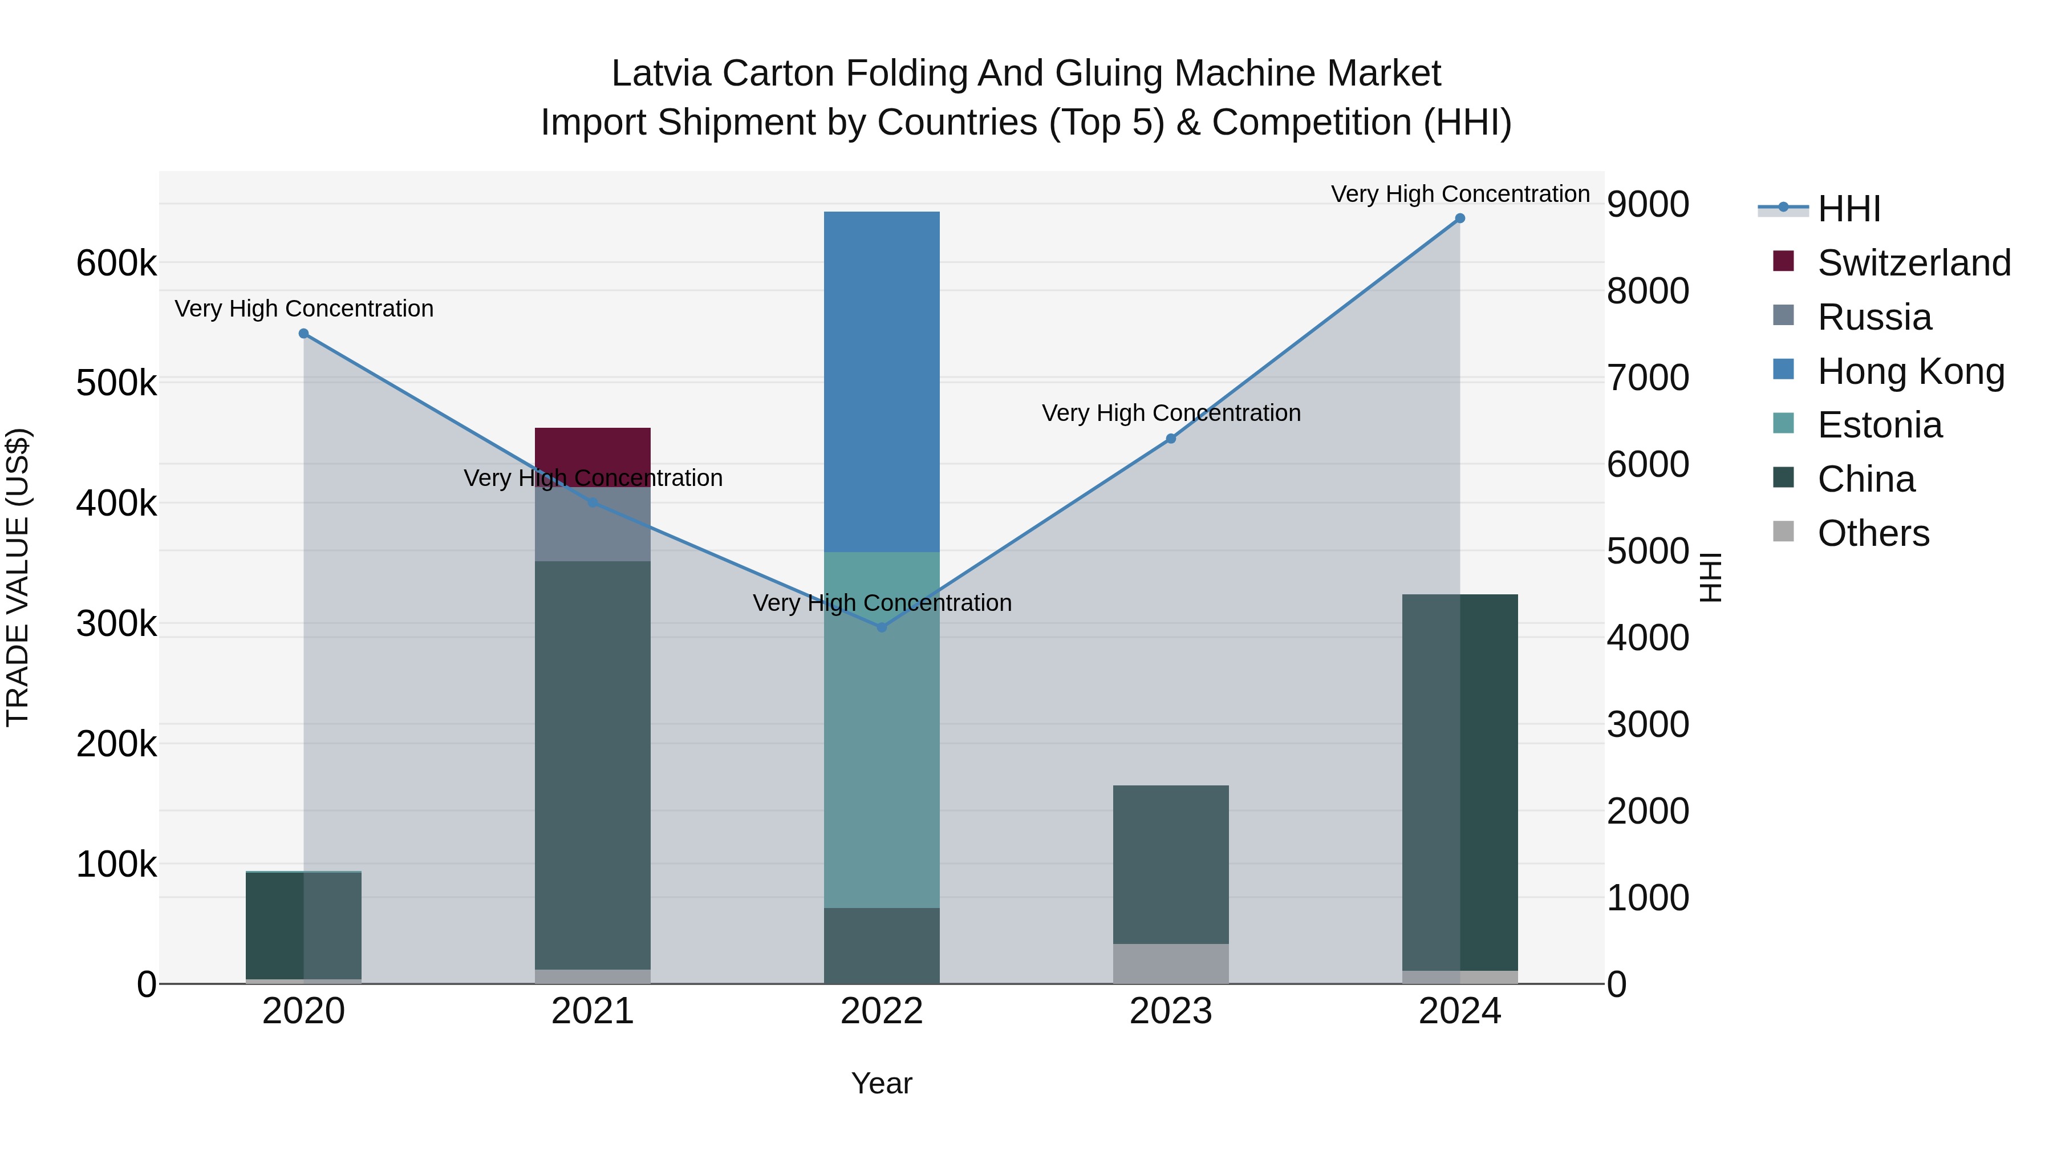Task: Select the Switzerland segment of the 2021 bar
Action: click(x=592, y=456)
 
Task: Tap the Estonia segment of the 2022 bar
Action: click(x=882, y=730)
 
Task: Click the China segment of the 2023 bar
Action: click(x=1171, y=864)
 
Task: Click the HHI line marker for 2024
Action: click(x=1459, y=218)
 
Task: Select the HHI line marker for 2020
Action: click(x=303, y=333)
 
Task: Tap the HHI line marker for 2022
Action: click(x=882, y=627)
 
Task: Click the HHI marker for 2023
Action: click(x=1171, y=439)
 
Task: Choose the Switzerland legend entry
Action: click(x=1913, y=263)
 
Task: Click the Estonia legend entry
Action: click(x=1879, y=425)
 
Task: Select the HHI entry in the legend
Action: click(x=1848, y=209)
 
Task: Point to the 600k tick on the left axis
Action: click(x=116, y=262)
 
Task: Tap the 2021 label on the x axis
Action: click(x=592, y=1011)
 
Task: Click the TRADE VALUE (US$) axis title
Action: click(x=18, y=577)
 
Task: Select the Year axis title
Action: click(x=882, y=1083)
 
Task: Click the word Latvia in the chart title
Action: click(x=661, y=74)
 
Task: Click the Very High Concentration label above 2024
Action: click(x=1459, y=194)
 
